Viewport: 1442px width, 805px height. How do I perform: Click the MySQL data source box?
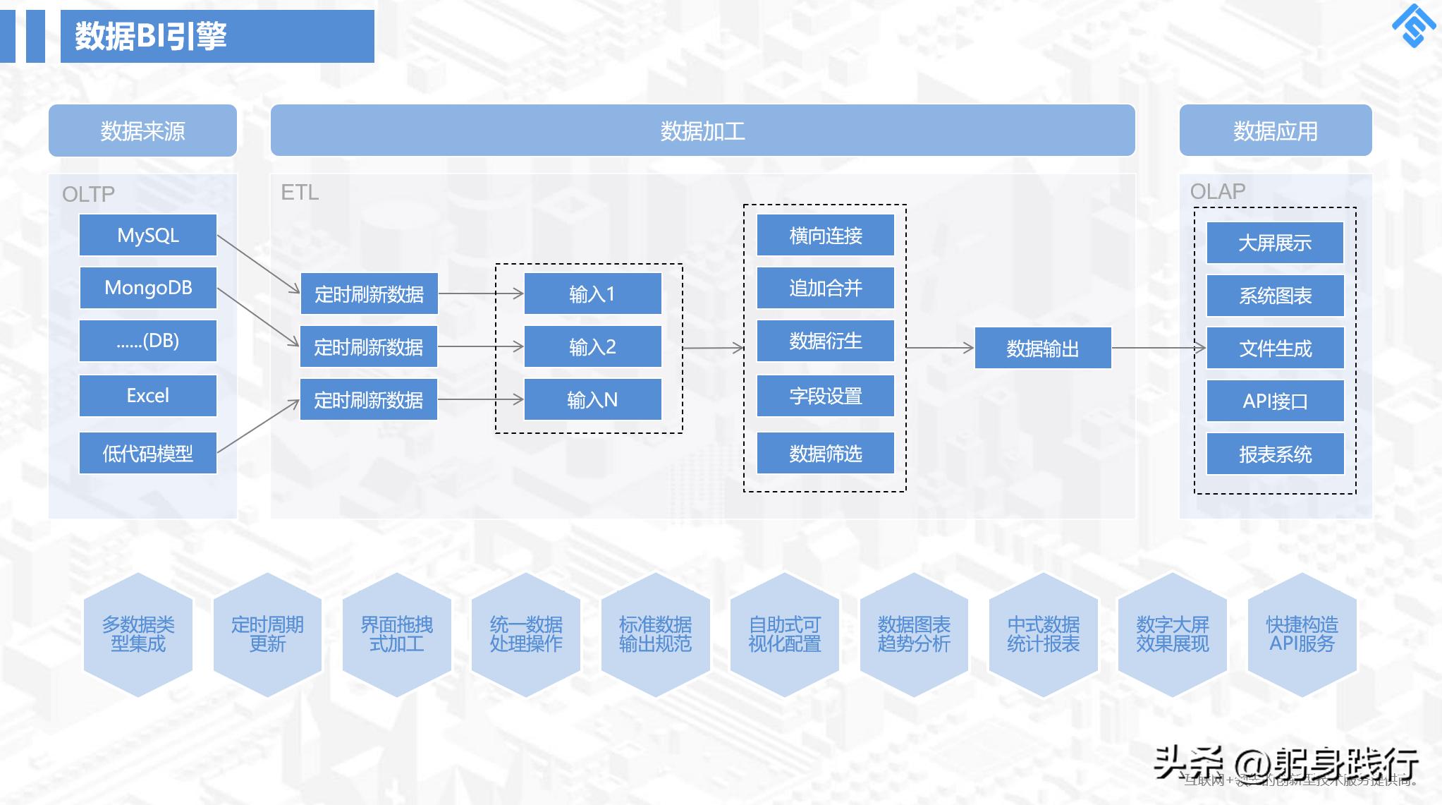point(147,235)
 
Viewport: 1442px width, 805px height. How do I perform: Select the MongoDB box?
point(147,288)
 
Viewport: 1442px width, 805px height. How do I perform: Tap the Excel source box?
point(147,396)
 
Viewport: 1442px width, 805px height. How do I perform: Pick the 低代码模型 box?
point(147,453)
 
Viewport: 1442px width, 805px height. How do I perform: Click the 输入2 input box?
point(592,346)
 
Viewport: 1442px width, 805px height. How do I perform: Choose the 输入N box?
point(592,400)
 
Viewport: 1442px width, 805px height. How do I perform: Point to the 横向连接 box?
point(825,236)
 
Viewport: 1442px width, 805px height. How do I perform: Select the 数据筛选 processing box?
point(825,453)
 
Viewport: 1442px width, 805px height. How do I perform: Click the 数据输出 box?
point(1042,348)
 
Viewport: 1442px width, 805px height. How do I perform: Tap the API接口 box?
point(1275,401)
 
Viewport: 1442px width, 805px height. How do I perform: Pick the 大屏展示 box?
point(1275,243)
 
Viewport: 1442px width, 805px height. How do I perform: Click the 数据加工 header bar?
point(702,131)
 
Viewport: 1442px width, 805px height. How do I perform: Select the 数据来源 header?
point(142,131)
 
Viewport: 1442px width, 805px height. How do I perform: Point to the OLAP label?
point(1218,191)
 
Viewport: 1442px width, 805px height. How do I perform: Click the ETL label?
point(300,192)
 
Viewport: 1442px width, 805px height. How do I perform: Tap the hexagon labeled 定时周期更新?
point(267,634)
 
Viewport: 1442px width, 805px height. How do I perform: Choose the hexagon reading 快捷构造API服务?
point(1302,634)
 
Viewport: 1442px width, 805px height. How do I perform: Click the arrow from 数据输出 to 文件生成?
point(1158,347)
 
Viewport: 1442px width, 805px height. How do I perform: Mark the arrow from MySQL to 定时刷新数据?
point(258,264)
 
